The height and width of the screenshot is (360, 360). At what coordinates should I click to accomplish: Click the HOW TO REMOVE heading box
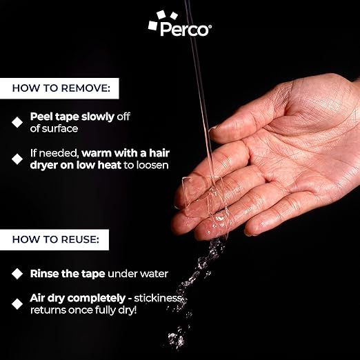coord(64,88)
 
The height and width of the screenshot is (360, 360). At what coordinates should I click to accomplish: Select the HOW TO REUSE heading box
coord(60,241)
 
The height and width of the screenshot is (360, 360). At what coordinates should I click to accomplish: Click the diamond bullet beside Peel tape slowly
coord(17,122)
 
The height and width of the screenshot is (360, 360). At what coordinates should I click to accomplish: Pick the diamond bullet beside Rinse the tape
coord(17,274)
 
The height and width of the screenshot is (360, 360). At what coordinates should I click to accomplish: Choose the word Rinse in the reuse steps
coord(44,274)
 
